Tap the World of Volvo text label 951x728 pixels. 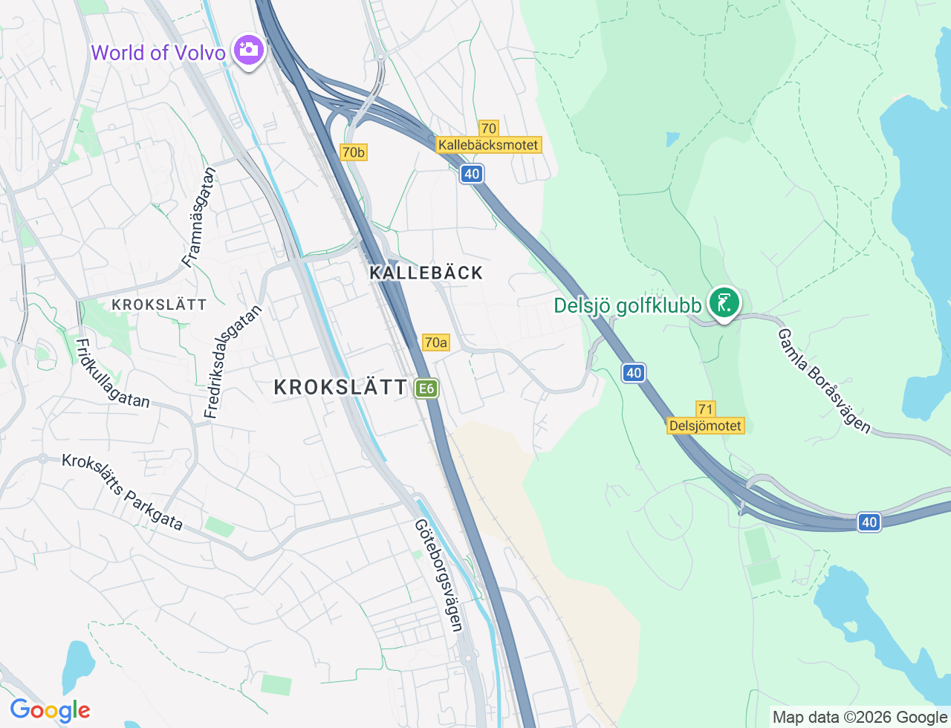pyautogui.click(x=158, y=53)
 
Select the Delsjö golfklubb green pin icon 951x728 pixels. pyautogui.click(x=724, y=303)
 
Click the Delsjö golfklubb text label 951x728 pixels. pyautogui.click(x=628, y=305)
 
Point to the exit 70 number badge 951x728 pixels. pyautogui.click(x=488, y=129)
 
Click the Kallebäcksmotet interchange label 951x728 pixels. pyautogui.click(x=488, y=145)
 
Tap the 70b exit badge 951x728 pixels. pyautogui.click(x=354, y=152)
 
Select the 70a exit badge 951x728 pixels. pyautogui.click(x=435, y=342)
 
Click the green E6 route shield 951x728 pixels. pyautogui.click(x=426, y=389)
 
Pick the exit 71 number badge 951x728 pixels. pyautogui.click(x=705, y=409)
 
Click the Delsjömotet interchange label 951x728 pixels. pyautogui.click(x=705, y=426)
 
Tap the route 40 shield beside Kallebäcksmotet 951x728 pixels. pyautogui.click(x=471, y=174)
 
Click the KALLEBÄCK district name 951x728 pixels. pyautogui.click(x=426, y=273)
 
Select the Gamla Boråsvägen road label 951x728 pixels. pyautogui.click(x=823, y=381)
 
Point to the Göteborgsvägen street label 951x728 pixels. pyautogui.click(x=439, y=575)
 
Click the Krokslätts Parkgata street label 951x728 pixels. pyautogui.click(x=123, y=492)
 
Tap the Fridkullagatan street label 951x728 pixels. pyautogui.click(x=112, y=374)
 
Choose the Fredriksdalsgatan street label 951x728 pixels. pyautogui.click(x=233, y=362)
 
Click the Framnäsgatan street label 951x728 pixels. pyautogui.click(x=199, y=217)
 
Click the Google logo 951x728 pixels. pyautogui.click(x=50, y=710)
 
